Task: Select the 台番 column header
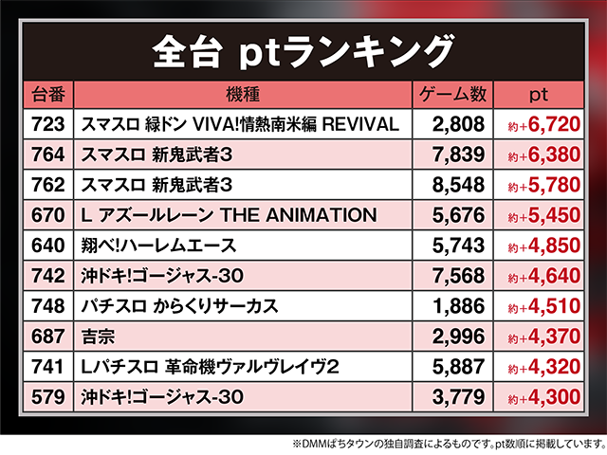[x=48, y=95]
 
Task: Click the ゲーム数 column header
[x=452, y=95]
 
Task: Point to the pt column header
[x=539, y=95]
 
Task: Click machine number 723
[x=47, y=124]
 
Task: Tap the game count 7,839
[x=458, y=155]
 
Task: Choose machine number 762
[x=47, y=185]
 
